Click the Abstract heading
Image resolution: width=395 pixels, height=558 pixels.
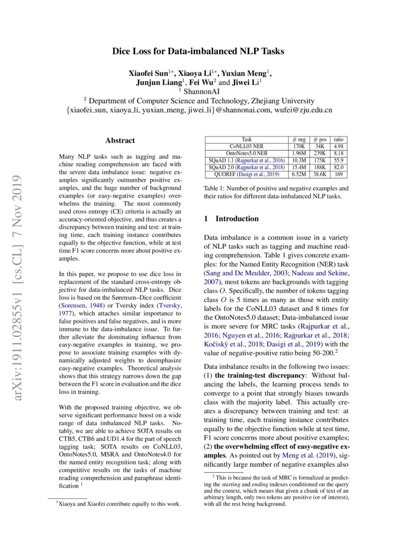120,140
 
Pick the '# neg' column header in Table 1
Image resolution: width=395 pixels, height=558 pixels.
299,139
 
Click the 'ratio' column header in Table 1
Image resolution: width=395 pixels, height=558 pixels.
339,139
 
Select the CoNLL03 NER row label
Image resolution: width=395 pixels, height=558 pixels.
246,147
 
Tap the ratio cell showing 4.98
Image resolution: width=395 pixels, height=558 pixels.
339,147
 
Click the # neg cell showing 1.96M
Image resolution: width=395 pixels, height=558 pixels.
299,154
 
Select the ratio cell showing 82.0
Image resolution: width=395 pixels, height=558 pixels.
339,168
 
